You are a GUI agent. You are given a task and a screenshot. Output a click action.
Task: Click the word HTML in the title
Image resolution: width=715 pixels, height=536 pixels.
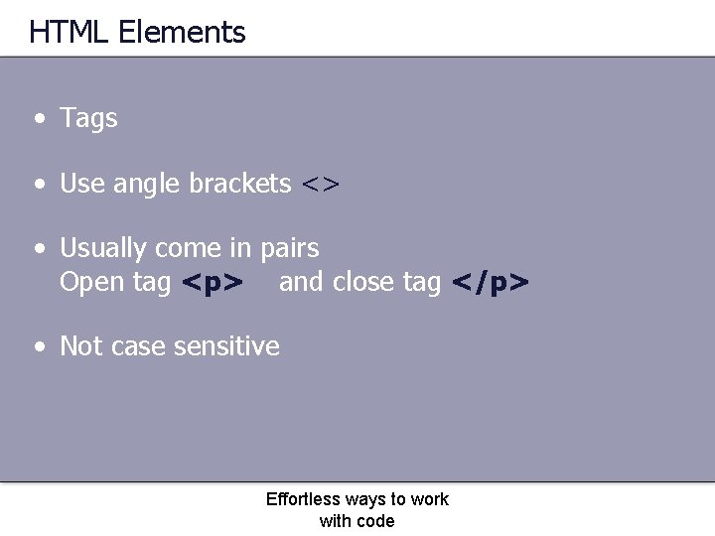click(70, 33)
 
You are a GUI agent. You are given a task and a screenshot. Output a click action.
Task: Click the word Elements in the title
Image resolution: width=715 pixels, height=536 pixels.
click(182, 33)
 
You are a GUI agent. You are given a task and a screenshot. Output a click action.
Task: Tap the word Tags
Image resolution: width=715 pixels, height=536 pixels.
click(89, 118)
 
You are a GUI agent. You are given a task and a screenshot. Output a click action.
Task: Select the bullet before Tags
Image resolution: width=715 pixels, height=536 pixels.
click(38, 119)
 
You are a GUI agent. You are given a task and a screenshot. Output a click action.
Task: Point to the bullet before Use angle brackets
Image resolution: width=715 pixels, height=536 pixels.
click(38, 185)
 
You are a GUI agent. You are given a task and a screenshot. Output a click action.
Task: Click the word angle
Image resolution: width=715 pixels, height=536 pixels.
click(149, 185)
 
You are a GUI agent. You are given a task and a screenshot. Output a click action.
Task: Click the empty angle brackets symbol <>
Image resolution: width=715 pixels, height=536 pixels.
click(321, 185)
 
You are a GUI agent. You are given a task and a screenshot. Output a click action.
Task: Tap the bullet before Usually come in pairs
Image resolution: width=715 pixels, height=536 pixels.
click(38, 248)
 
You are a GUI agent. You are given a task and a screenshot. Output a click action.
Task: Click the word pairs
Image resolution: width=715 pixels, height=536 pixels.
click(290, 248)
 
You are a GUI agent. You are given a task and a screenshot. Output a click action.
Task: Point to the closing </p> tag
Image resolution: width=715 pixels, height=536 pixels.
click(491, 283)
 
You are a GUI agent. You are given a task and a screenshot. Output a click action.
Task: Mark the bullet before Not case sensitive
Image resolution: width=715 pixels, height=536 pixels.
click(38, 347)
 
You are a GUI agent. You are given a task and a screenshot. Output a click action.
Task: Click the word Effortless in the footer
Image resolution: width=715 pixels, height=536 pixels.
click(303, 499)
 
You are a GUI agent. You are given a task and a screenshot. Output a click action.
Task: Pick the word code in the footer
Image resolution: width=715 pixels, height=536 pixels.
click(375, 521)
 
